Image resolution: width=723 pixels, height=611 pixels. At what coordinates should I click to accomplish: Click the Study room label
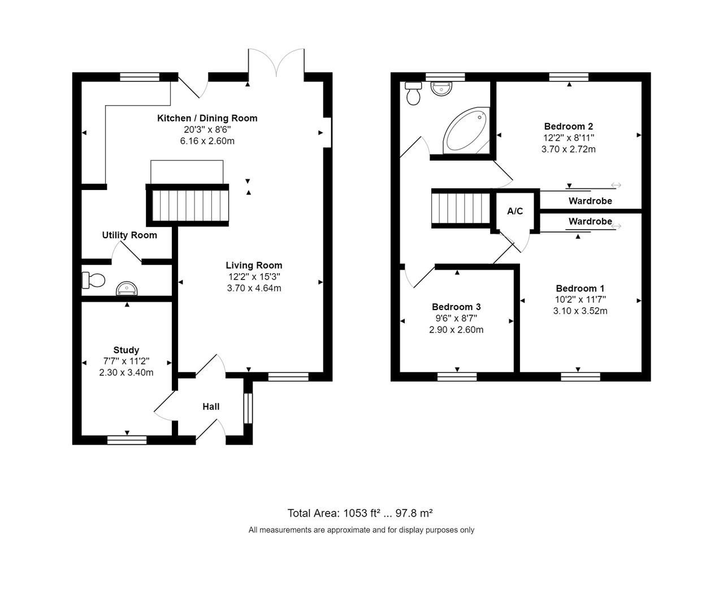coord(125,350)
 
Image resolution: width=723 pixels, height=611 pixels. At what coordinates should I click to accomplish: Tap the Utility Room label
coord(129,235)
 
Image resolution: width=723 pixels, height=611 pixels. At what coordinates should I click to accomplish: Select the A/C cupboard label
coord(515,212)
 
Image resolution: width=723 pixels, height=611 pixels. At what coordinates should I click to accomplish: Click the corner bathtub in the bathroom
coord(465,131)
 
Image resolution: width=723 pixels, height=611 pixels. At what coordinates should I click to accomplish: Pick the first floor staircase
coord(461,209)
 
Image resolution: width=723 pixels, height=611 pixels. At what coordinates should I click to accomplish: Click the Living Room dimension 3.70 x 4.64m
coord(254,288)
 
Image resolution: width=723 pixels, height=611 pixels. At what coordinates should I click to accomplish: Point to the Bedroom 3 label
coord(456,307)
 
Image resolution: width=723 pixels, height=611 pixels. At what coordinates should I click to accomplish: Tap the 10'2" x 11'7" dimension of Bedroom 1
coord(580,300)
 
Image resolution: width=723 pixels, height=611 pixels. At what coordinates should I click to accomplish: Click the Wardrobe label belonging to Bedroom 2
coord(590,201)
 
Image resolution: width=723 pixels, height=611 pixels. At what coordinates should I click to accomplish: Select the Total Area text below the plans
coord(360,513)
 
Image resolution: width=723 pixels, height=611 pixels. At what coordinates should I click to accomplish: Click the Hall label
coord(211,407)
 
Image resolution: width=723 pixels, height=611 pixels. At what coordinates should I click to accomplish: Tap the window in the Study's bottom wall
coord(127,440)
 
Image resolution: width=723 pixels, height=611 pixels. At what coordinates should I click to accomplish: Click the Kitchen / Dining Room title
coord(207,118)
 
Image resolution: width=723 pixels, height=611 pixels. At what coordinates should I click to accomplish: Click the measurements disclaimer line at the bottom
coord(361,530)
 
